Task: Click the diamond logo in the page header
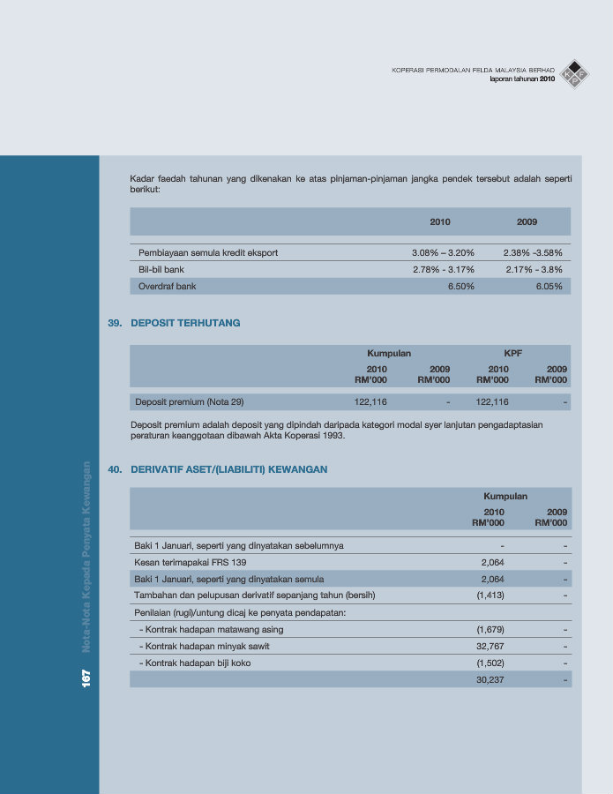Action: (575, 73)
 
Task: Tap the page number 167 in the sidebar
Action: (86, 678)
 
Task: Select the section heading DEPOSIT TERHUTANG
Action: (185, 323)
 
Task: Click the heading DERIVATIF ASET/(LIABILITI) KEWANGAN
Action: (229, 469)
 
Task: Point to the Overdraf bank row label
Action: (168, 286)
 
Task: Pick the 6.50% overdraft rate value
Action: (460, 286)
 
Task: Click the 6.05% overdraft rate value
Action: (549, 286)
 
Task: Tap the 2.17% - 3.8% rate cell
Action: (534, 269)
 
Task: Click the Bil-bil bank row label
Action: (161, 269)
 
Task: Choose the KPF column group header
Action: (512, 353)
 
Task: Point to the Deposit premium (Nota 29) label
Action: (189, 402)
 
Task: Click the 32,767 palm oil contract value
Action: (490, 647)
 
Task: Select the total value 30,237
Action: (490, 679)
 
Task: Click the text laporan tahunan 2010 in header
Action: (522, 79)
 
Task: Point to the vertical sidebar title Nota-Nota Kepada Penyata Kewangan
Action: (86, 557)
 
